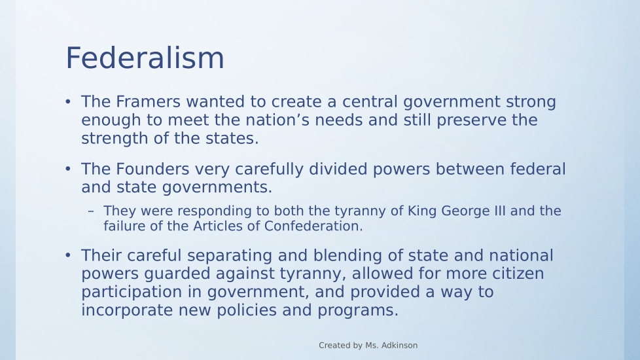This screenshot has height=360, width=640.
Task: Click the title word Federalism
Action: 145,58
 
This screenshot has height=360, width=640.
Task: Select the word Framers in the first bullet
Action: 148,101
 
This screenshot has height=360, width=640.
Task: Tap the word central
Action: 370,101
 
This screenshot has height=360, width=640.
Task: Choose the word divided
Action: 338,169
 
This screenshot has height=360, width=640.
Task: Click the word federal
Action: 538,169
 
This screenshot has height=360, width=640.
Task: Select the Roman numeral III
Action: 499,211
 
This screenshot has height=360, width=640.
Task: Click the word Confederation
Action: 313,226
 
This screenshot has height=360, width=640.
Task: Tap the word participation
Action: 132,293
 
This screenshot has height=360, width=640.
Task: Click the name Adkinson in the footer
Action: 399,346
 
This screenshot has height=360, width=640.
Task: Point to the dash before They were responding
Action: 90,211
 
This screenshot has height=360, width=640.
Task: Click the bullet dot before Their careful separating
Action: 68,255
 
